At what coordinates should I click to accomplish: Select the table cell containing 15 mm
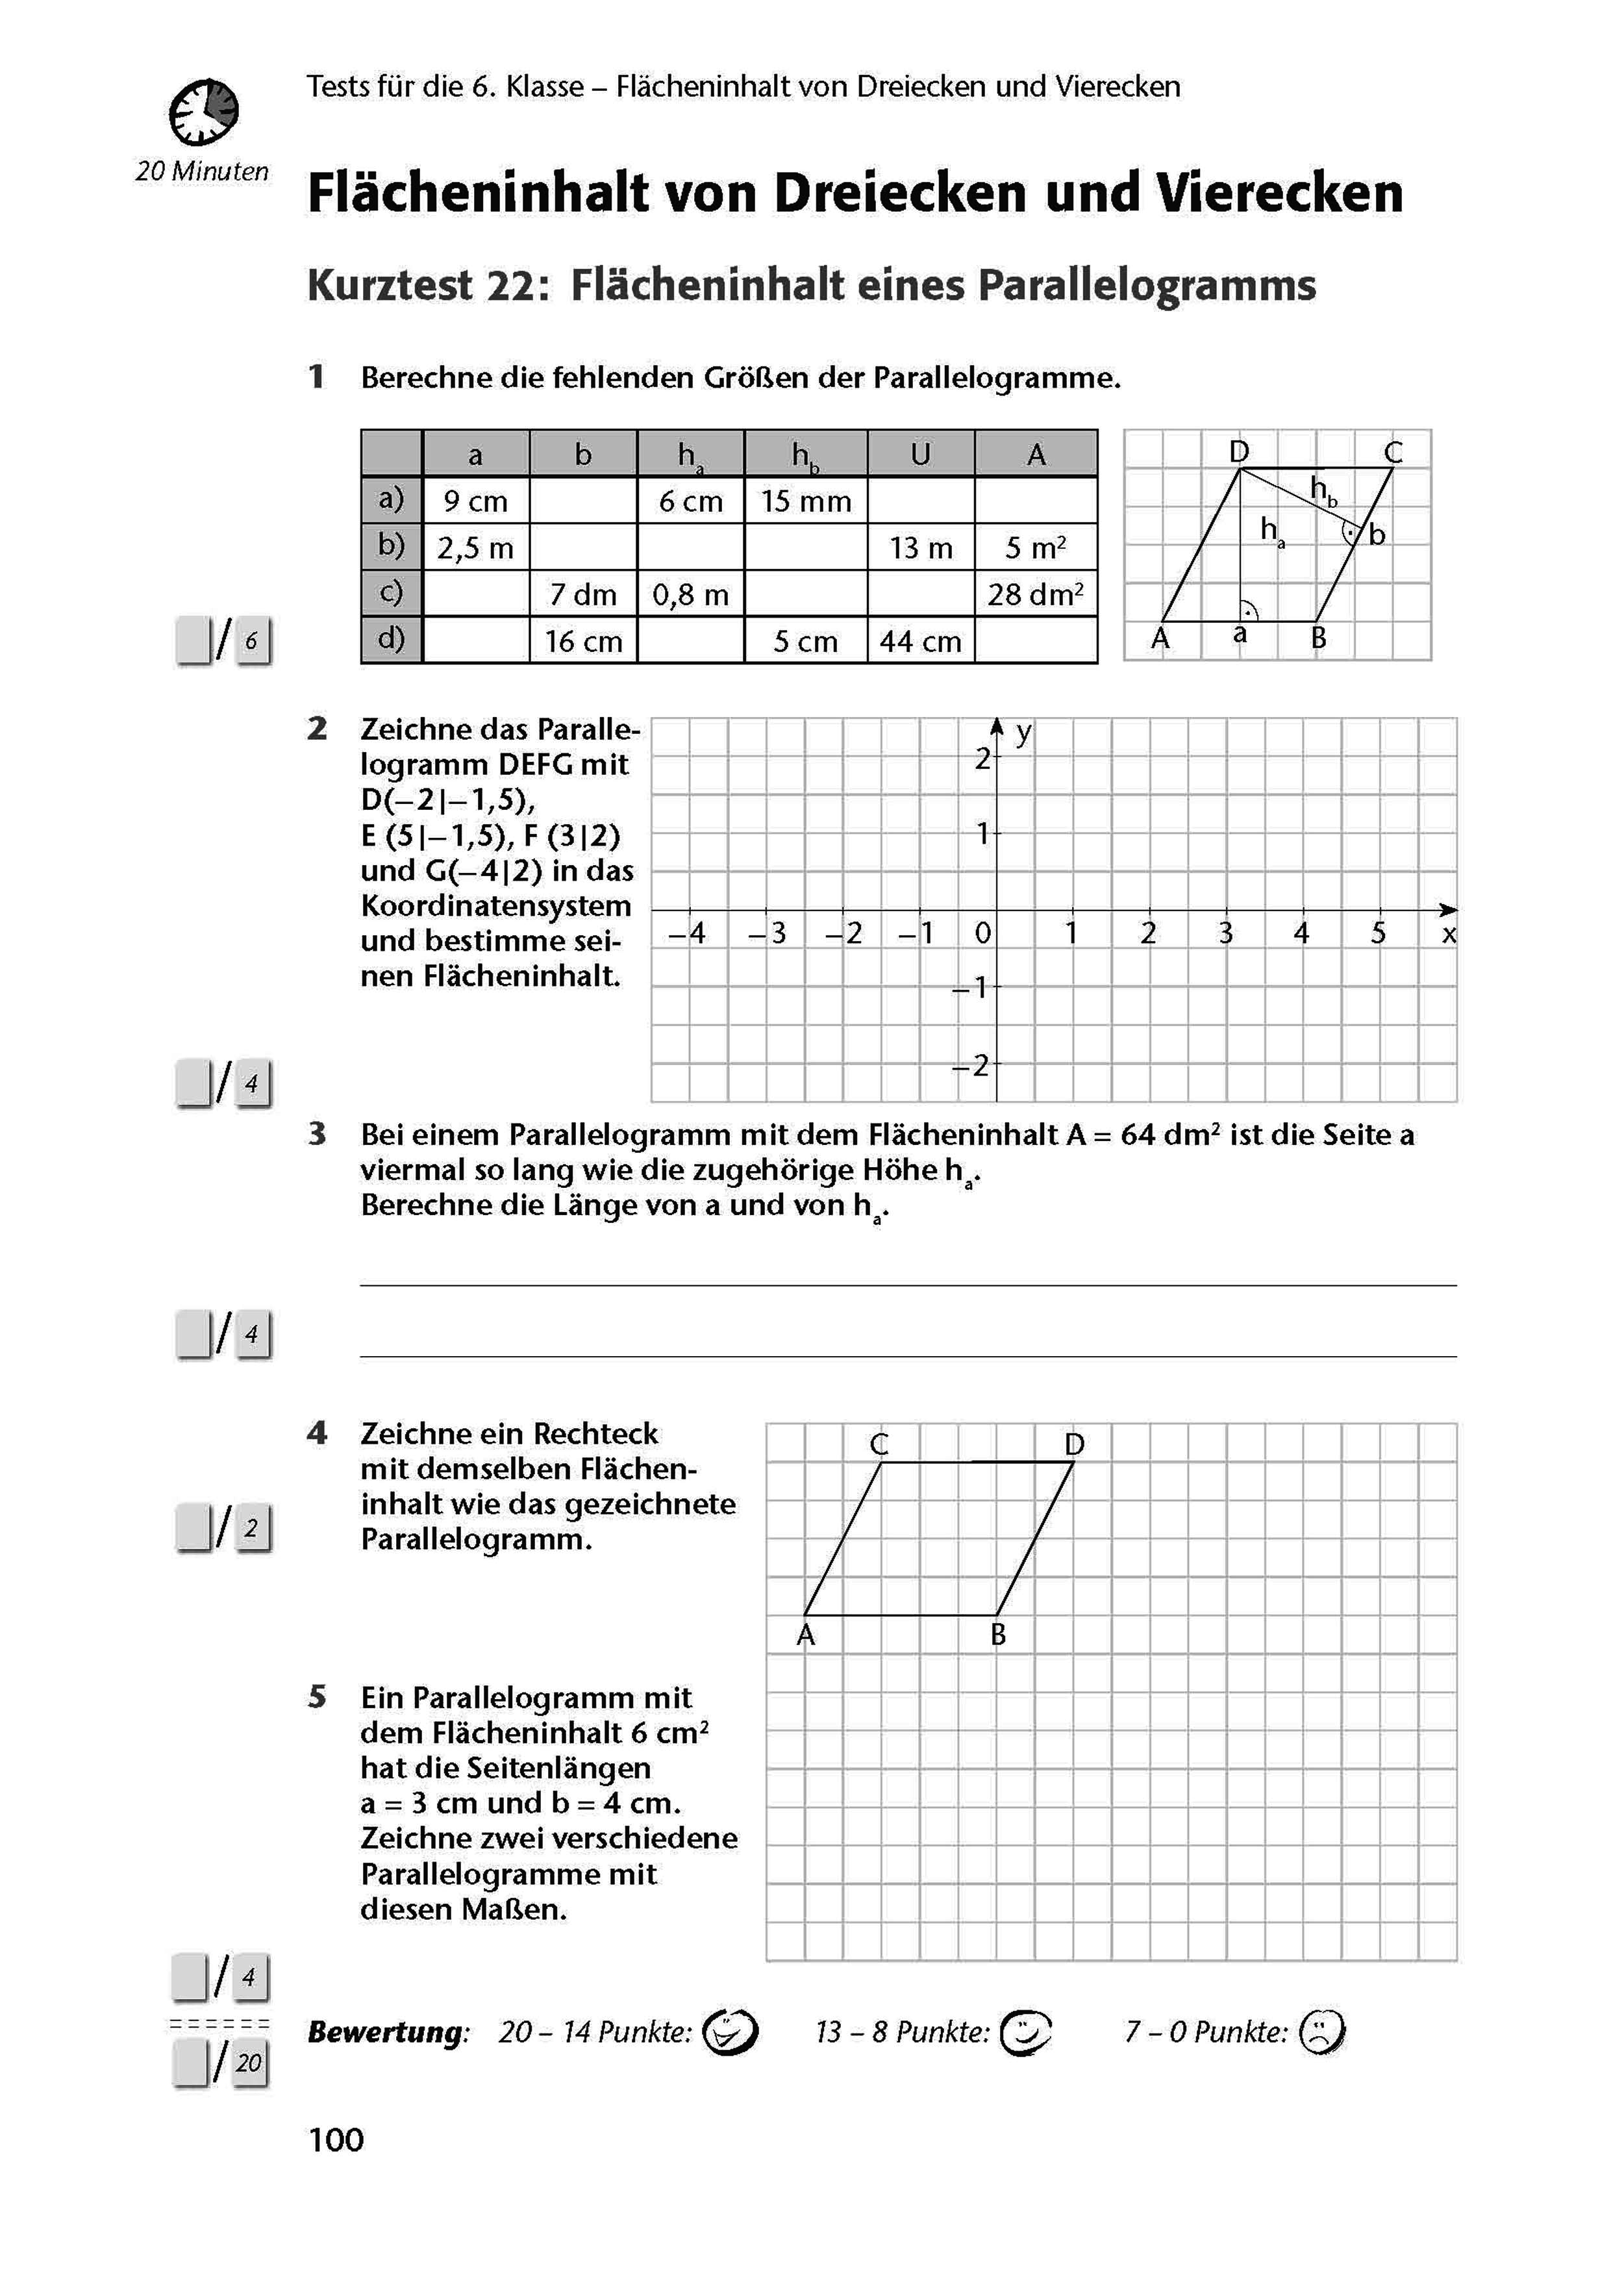[x=805, y=501]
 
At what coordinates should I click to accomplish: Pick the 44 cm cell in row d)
[x=920, y=641]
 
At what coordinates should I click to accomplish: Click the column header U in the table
[x=920, y=455]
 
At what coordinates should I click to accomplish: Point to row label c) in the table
[x=391, y=592]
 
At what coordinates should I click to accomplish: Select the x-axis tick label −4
[x=687, y=933]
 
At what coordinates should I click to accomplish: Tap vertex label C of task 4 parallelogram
[x=879, y=1444]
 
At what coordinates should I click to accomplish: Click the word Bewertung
[x=385, y=2032]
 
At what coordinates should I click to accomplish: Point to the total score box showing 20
[x=248, y=2063]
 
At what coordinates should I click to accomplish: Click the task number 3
[x=317, y=1133]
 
